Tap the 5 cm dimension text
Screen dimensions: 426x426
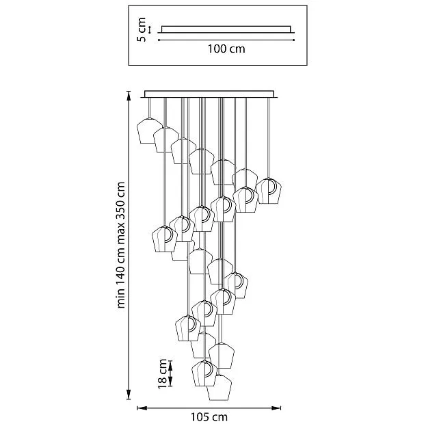click(x=142, y=30)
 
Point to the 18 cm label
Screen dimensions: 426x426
click(x=163, y=375)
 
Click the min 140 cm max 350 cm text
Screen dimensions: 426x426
click(x=121, y=244)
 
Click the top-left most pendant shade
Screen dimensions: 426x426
click(x=149, y=131)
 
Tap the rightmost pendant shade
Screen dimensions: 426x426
click(x=269, y=191)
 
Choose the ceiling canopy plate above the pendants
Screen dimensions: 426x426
click(x=210, y=94)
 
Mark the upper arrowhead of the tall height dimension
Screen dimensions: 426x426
click(x=130, y=94)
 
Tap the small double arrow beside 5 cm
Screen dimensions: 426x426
click(x=150, y=30)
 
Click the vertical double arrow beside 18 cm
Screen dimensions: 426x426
click(x=172, y=375)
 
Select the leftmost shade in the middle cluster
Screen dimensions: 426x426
click(x=164, y=239)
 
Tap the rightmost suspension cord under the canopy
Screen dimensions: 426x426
click(x=270, y=137)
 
